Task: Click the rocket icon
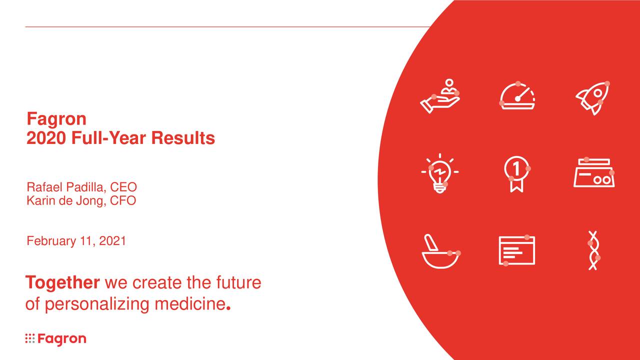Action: [x=593, y=98]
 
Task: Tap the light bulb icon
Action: [x=439, y=173]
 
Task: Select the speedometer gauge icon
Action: [x=517, y=96]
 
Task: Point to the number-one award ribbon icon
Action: [x=516, y=173]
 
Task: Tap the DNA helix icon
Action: [x=593, y=250]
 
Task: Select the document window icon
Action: [x=516, y=250]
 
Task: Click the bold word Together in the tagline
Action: [x=62, y=283]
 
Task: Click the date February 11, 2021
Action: [x=76, y=241]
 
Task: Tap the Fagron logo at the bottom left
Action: [x=55, y=339]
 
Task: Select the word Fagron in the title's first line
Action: [x=56, y=119]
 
